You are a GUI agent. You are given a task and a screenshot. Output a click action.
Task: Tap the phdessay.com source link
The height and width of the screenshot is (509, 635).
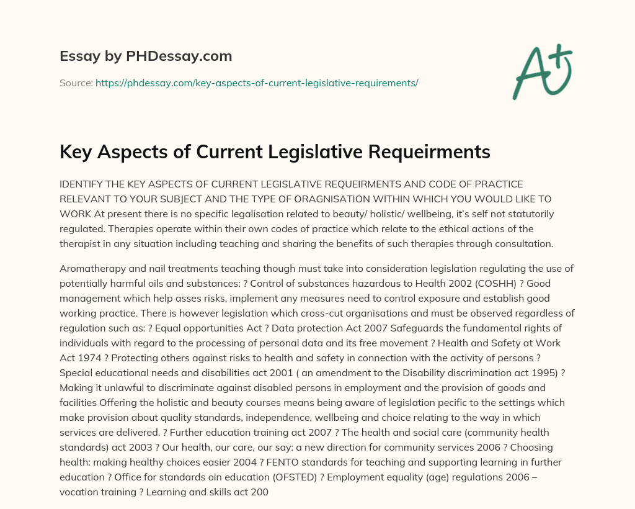pyautogui.click(x=257, y=83)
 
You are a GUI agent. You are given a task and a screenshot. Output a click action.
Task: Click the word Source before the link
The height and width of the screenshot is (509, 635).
pyautogui.click(x=75, y=83)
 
